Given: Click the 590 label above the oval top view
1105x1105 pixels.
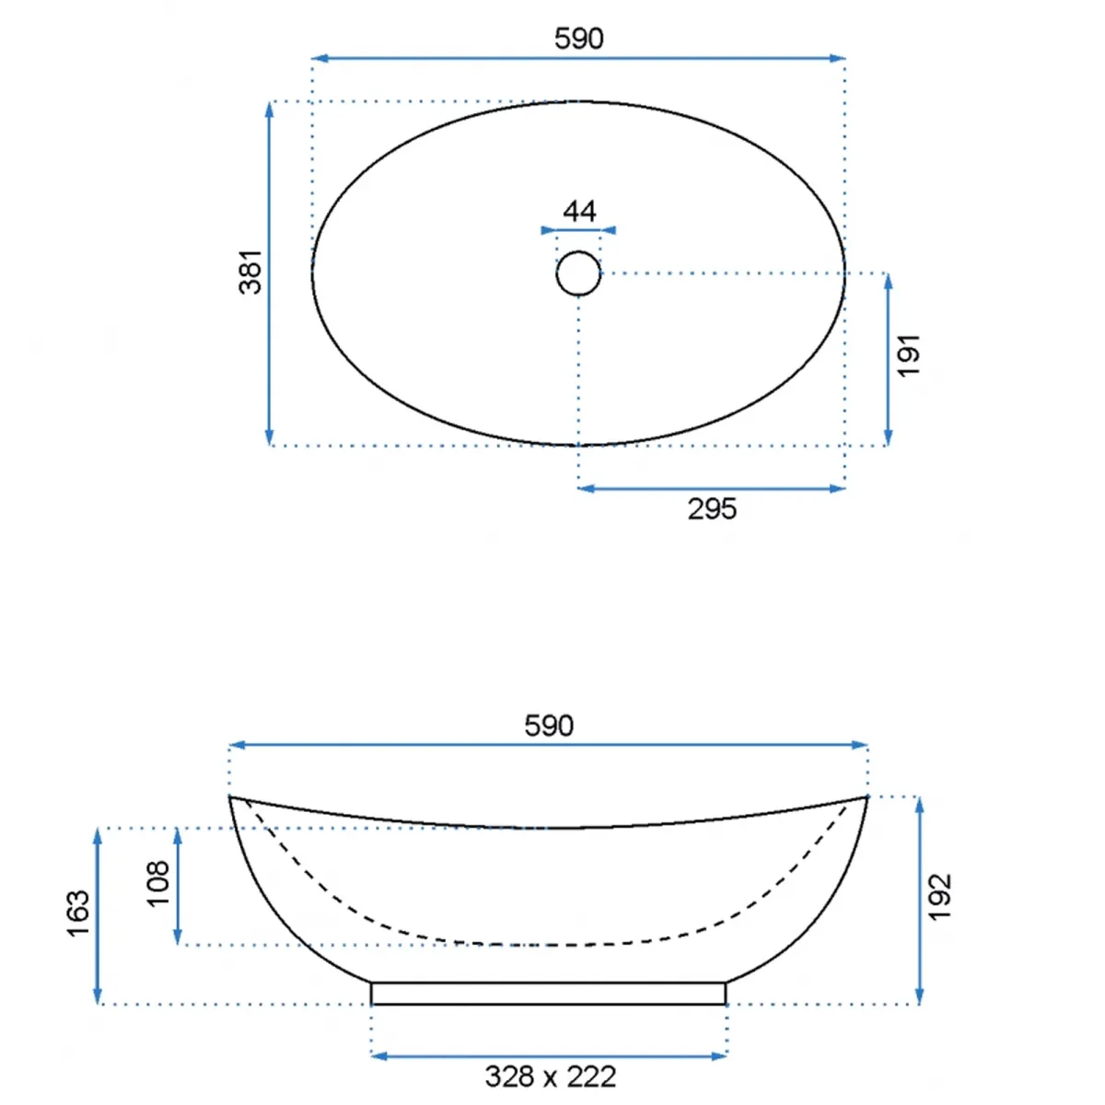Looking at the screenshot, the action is tap(578, 39).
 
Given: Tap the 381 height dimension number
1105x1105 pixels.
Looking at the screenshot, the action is tap(250, 273).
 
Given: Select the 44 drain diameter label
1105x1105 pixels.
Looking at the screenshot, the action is tap(579, 212).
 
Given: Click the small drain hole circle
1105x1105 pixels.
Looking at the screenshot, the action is tap(578, 273).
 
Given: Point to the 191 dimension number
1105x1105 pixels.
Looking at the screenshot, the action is tap(908, 355).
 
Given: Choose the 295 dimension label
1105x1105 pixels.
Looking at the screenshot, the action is tap(712, 509).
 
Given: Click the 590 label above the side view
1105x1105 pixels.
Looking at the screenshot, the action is tap(549, 726).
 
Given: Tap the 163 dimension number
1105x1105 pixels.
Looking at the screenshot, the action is tap(78, 914).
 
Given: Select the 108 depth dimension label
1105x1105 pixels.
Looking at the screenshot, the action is tap(158, 884).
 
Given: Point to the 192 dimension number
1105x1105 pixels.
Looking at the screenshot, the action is tap(940, 898).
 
